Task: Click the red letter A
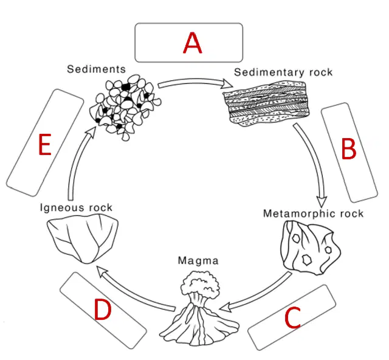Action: coord(193,43)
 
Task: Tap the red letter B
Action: coord(349,148)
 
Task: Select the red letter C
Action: coord(293,317)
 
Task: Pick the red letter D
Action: coord(103,309)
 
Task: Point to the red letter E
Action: coord(45,144)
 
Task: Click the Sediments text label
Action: coord(96,69)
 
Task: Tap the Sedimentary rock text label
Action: coord(283,72)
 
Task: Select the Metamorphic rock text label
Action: coord(313,213)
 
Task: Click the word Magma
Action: coord(198,261)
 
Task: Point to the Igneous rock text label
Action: coord(76,207)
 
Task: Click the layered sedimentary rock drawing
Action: coord(266,103)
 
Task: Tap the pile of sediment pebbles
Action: coord(125,107)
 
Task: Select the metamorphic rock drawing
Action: coord(311,247)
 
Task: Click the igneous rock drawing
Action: coord(83,238)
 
